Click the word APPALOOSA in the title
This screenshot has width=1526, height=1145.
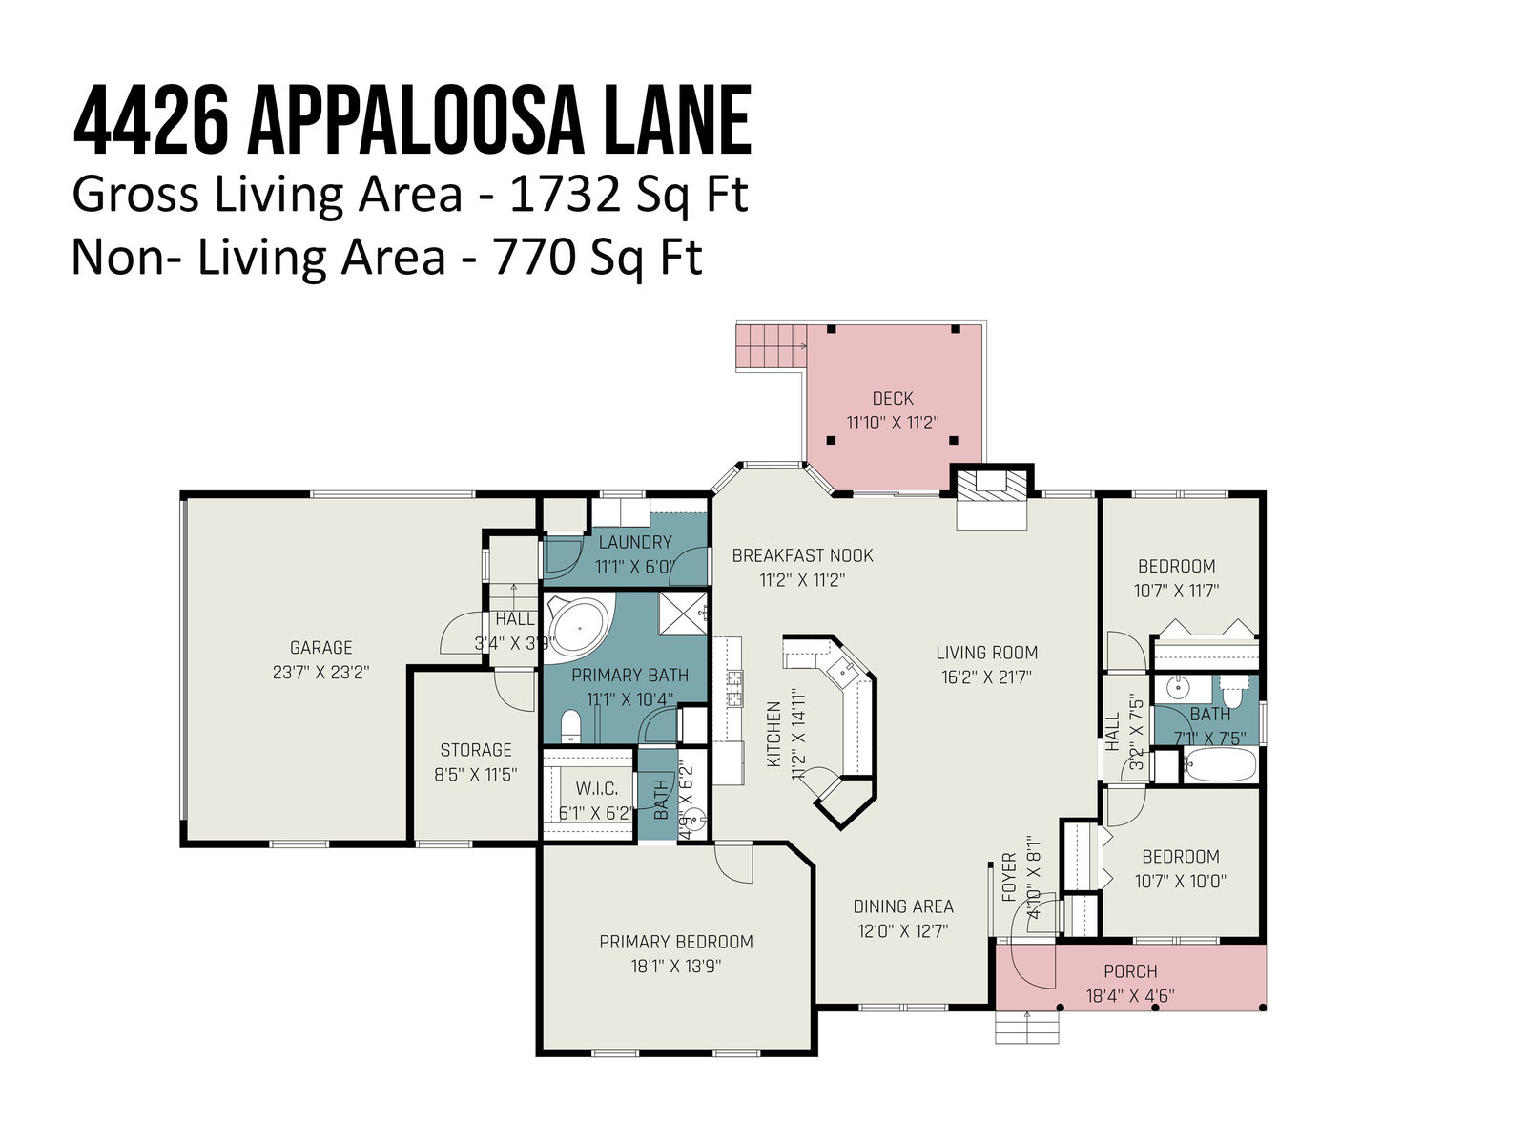click(414, 120)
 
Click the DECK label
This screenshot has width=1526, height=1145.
click(893, 399)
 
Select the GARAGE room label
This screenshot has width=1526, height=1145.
click(321, 648)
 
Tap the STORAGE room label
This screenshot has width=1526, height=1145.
click(476, 750)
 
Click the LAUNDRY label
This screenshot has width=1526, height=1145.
click(635, 542)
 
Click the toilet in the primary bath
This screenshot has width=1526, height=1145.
click(570, 726)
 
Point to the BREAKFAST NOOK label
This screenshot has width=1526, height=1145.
click(802, 555)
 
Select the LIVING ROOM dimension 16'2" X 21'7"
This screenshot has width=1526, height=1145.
click(986, 677)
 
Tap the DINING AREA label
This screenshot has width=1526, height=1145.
click(903, 906)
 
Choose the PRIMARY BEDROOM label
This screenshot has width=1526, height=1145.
click(676, 942)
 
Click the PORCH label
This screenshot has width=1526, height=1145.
click(1130, 971)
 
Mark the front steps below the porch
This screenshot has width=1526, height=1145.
click(1027, 1026)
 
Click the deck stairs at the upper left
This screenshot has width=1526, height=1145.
click(771, 345)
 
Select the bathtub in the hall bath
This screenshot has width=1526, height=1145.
click(1219, 765)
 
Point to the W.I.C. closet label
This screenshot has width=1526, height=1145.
click(597, 789)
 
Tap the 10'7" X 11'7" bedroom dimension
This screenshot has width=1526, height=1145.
click(1176, 591)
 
